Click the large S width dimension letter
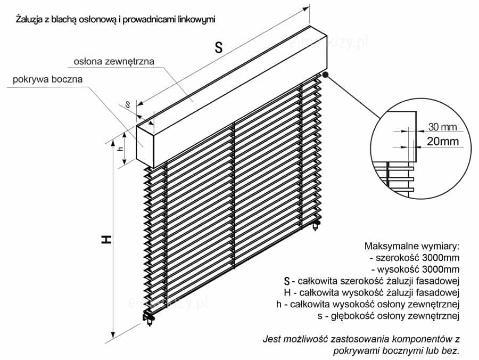click(x=218, y=47)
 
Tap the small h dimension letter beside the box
click(x=121, y=149)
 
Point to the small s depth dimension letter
click(x=128, y=105)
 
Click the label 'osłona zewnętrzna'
click(x=114, y=62)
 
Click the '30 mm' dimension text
click(x=442, y=127)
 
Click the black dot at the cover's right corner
click(x=325, y=76)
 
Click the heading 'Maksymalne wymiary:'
click(x=411, y=247)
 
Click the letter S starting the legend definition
click(x=287, y=281)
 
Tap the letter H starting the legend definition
click(x=288, y=292)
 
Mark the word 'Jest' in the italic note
click(x=271, y=339)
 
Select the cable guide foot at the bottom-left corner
click(x=149, y=319)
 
